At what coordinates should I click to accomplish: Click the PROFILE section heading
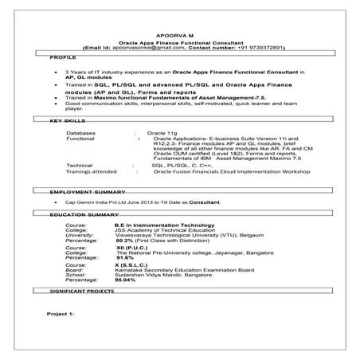[x=63, y=58]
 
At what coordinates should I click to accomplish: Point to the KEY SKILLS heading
[x=67, y=120]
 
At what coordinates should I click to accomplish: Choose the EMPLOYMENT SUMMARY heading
[x=87, y=193]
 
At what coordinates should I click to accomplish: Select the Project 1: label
[x=61, y=315]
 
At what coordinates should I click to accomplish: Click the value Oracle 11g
[x=162, y=131]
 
